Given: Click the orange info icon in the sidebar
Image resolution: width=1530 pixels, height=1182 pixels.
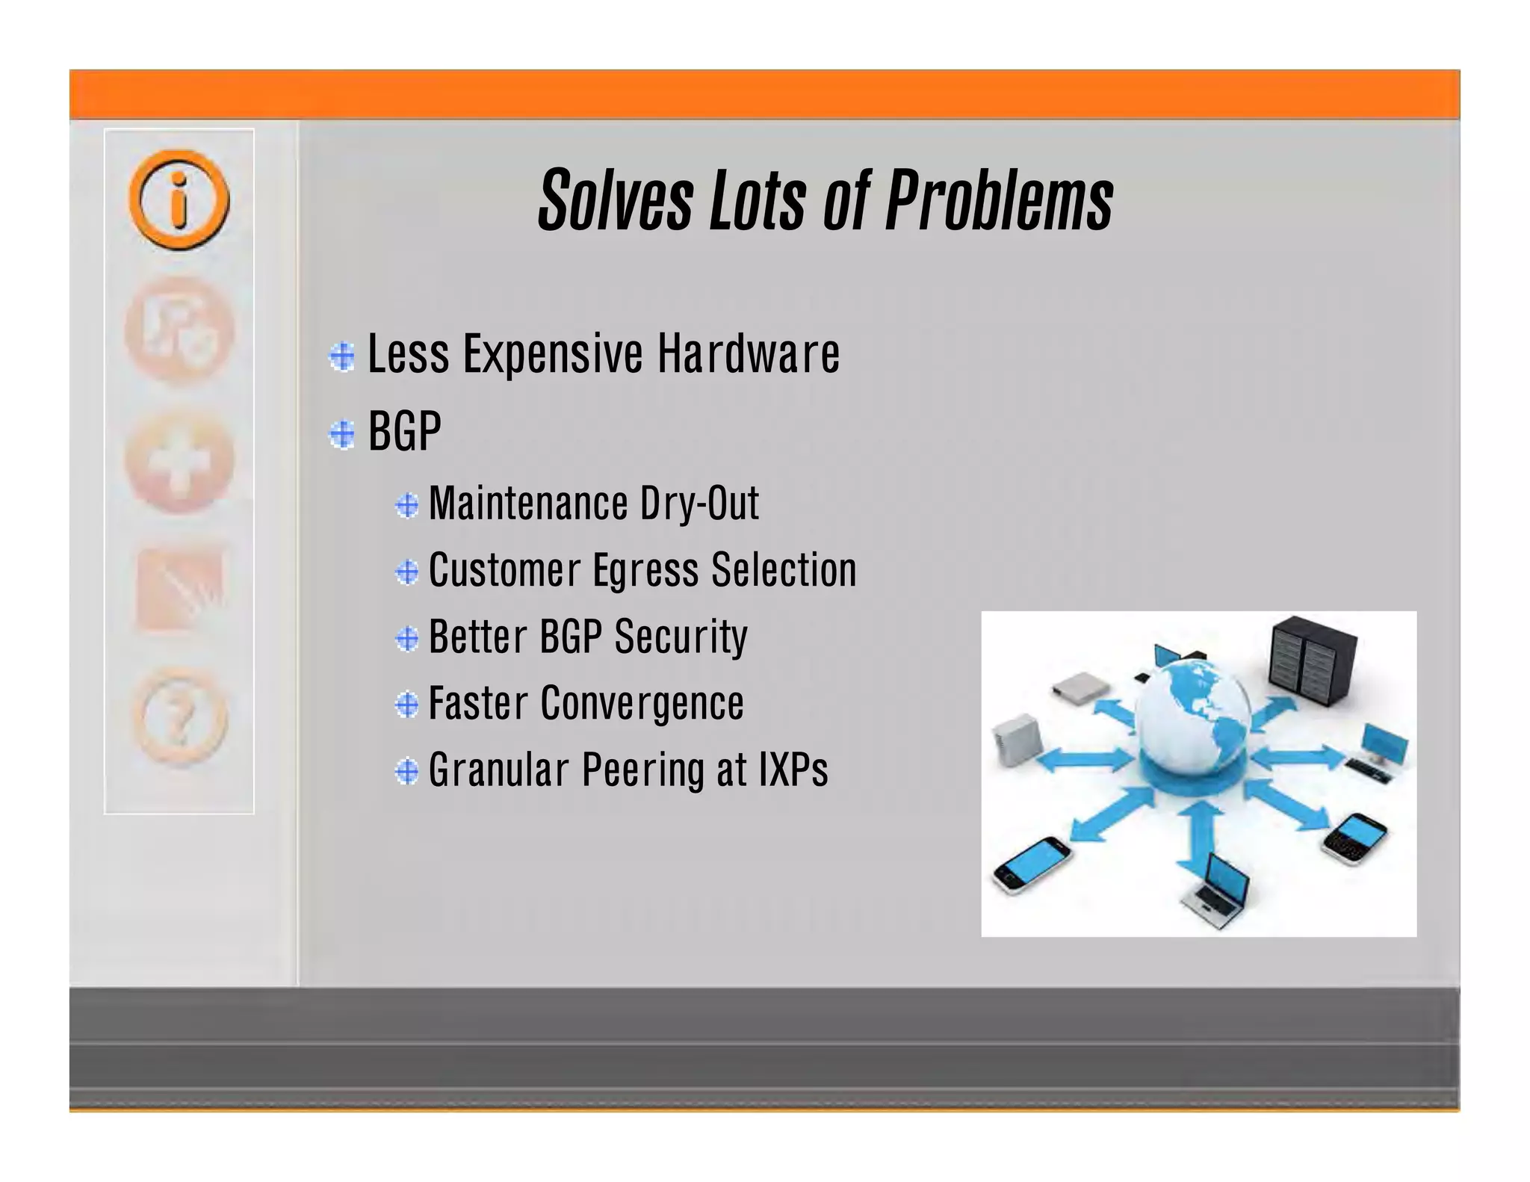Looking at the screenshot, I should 179,199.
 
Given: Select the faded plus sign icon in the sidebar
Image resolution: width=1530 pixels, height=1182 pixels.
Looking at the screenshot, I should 179,462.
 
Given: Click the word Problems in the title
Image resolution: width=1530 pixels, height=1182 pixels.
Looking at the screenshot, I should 999,200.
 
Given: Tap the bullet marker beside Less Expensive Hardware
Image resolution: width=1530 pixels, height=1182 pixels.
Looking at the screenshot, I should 342,356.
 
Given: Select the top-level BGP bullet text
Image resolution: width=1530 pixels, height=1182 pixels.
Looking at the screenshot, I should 404,431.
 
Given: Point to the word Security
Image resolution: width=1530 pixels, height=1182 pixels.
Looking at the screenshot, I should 680,637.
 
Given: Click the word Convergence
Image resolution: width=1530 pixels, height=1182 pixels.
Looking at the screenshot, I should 642,704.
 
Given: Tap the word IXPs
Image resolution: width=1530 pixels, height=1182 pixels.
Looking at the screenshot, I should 793,770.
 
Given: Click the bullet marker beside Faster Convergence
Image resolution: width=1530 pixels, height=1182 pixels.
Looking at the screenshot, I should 407,705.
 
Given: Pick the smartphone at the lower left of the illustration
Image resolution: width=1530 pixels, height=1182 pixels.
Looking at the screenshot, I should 1031,864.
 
